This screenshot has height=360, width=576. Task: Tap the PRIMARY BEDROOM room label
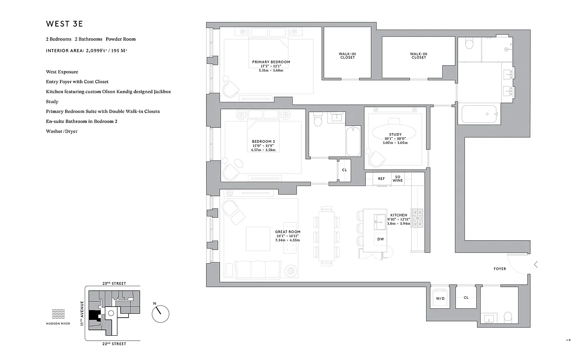click(x=271, y=62)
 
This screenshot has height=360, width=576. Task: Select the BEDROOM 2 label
click(x=263, y=141)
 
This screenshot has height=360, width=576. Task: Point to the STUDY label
click(x=395, y=135)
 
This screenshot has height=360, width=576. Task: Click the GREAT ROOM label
click(x=288, y=232)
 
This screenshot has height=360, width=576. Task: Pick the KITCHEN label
click(x=399, y=216)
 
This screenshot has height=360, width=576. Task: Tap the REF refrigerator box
click(x=381, y=179)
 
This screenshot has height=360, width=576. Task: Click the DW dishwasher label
click(x=380, y=239)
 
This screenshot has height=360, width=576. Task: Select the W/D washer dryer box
click(x=440, y=298)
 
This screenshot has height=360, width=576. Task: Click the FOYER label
click(x=499, y=269)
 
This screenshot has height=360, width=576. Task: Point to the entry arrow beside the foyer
click(x=535, y=265)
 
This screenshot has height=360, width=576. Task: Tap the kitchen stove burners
click(x=417, y=218)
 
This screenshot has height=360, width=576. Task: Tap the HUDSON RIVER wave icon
click(x=59, y=314)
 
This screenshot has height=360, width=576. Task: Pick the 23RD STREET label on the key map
click(x=114, y=283)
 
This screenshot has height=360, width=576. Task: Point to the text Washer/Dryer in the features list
click(x=62, y=131)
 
